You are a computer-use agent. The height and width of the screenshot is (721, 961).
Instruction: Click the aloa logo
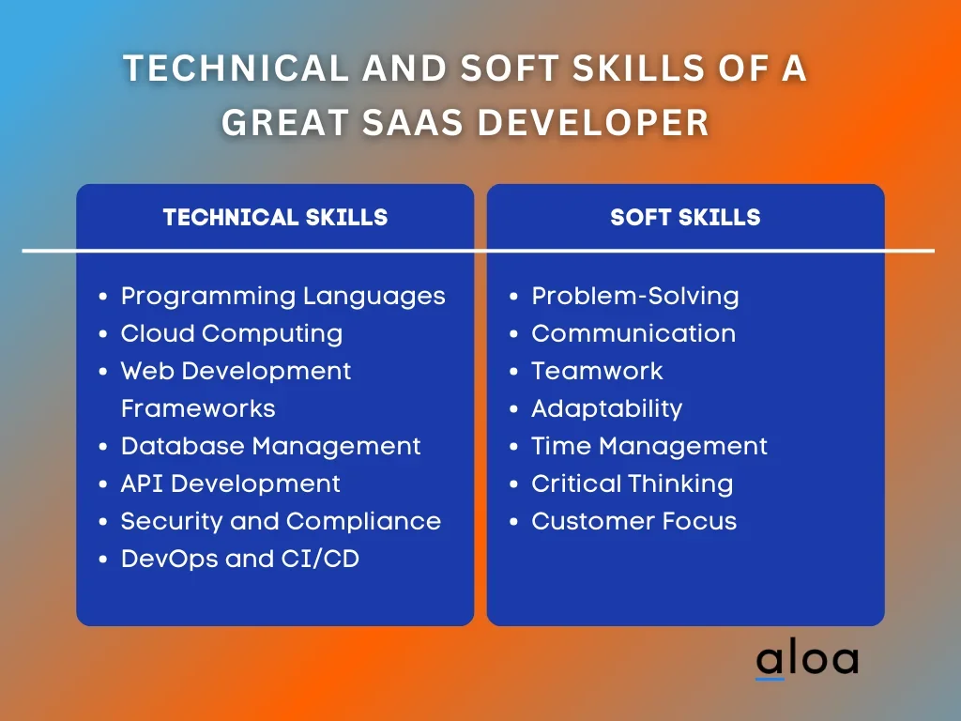[x=806, y=661]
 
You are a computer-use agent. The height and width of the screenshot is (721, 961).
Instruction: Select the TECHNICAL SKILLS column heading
[x=275, y=217]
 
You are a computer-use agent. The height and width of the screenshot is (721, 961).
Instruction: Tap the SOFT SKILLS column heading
[x=685, y=217]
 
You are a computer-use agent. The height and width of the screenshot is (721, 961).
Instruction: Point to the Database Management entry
[x=271, y=446]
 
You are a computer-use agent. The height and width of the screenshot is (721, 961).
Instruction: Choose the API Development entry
[x=231, y=484]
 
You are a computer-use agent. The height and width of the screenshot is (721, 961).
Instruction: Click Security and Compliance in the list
[x=281, y=522]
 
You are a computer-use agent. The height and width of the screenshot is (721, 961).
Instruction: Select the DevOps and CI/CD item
[x=239, y=560]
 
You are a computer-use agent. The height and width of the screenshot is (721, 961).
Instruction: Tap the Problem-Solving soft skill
[x=635, y=297]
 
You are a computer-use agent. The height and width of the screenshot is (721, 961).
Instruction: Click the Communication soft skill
[x=633, y=333]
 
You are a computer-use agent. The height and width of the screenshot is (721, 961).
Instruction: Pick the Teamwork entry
[x=597, y=371]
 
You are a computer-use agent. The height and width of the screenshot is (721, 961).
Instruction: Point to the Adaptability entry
[x=607, y=409]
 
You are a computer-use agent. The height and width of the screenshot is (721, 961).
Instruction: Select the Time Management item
[x=649, y=447]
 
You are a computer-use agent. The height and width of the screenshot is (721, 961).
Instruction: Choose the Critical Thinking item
[x=632, y=484]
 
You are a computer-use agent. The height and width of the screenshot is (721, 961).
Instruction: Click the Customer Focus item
[x=633, y=522]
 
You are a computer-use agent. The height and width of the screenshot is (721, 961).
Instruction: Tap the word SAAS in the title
[x=413, y=122]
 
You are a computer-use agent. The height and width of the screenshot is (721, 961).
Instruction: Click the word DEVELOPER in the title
[x=593, y=122]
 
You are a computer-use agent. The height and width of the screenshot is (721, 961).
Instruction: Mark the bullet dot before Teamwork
[x=513, y=372]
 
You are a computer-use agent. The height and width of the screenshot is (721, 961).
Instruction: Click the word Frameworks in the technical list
[x=198, y=409]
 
